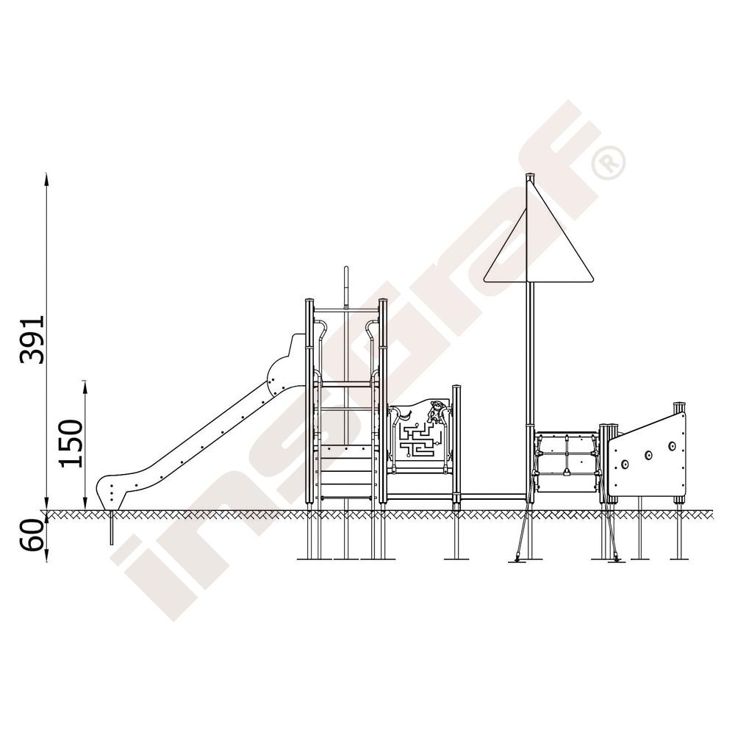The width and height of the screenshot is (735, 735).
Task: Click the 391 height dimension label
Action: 32,340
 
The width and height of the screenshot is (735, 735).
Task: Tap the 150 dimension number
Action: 71,443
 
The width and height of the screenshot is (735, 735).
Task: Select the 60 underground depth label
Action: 32,535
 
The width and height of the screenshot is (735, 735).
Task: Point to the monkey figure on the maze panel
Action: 436,412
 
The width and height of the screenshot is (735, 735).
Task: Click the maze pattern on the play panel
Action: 420,440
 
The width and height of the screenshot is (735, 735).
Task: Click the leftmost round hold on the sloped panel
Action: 624,464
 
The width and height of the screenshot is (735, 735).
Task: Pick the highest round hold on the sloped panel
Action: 672,445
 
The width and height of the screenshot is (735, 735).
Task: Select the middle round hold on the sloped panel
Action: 649,455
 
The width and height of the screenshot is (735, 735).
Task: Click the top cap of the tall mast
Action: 530,176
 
